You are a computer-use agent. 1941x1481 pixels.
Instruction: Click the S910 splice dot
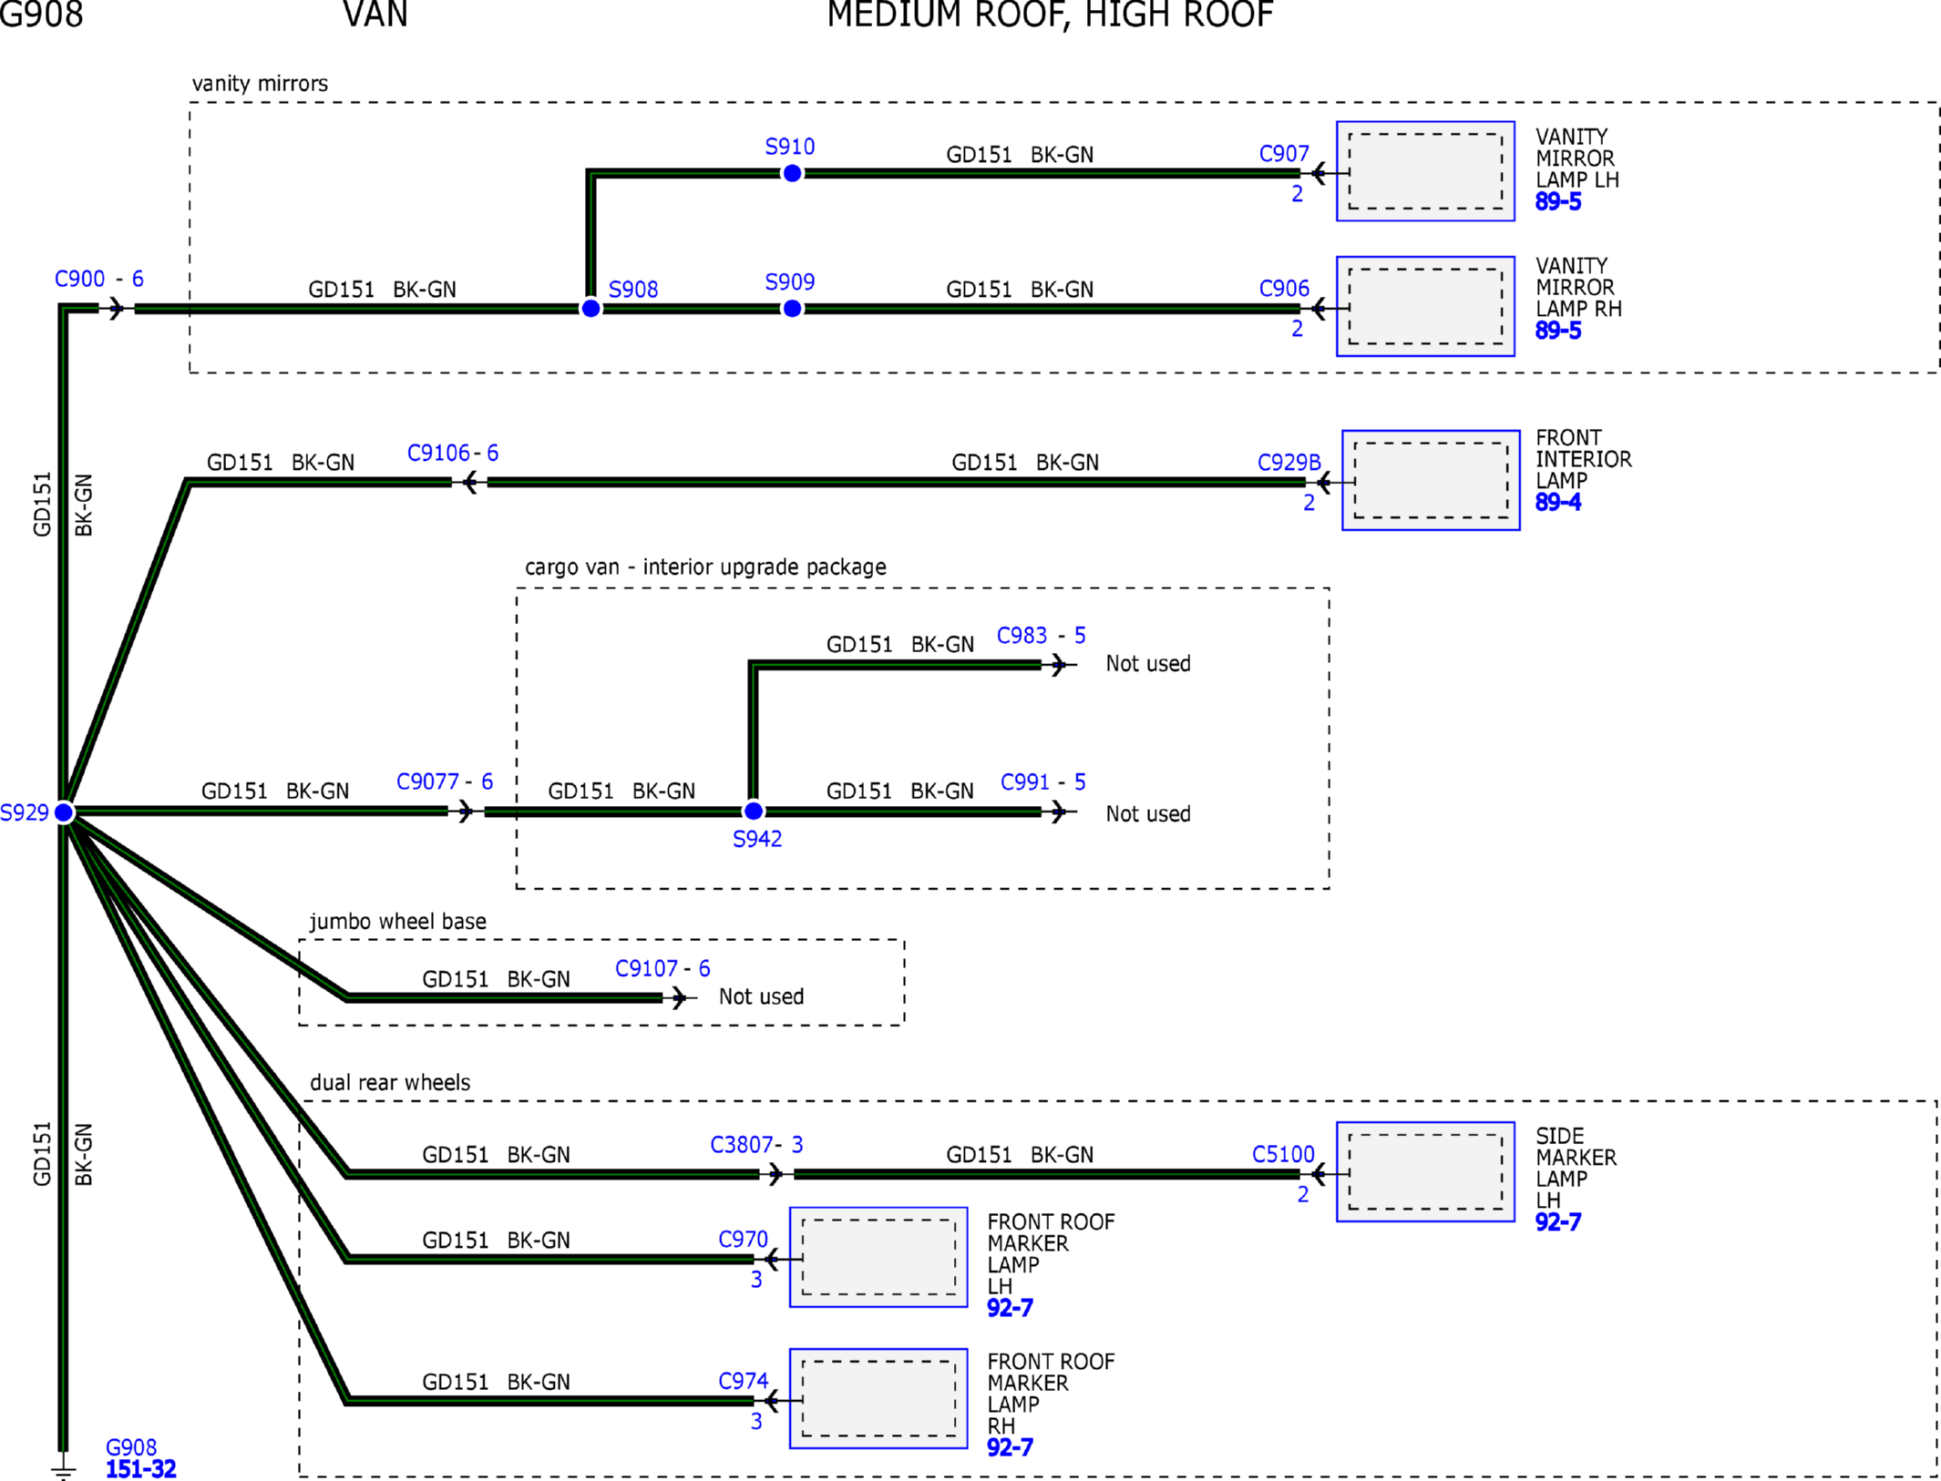792,173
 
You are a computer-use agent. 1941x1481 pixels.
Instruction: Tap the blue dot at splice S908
591,309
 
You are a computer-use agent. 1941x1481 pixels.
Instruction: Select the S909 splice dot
792,309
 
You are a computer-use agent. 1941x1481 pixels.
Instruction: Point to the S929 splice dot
64,812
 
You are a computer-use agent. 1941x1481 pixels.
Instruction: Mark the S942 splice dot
753,811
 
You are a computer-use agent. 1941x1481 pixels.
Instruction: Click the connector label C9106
438,453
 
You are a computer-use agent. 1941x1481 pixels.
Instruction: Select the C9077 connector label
427,781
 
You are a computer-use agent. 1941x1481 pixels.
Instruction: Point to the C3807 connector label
742,1144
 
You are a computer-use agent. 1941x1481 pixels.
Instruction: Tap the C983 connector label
1022,635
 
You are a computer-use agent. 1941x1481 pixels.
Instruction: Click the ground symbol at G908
63,1466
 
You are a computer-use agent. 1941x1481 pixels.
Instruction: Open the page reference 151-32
141,1469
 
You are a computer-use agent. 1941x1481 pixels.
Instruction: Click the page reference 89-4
1558,502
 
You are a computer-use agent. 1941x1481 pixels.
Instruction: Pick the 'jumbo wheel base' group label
398,922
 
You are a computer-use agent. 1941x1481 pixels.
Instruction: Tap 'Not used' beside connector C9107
761,996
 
